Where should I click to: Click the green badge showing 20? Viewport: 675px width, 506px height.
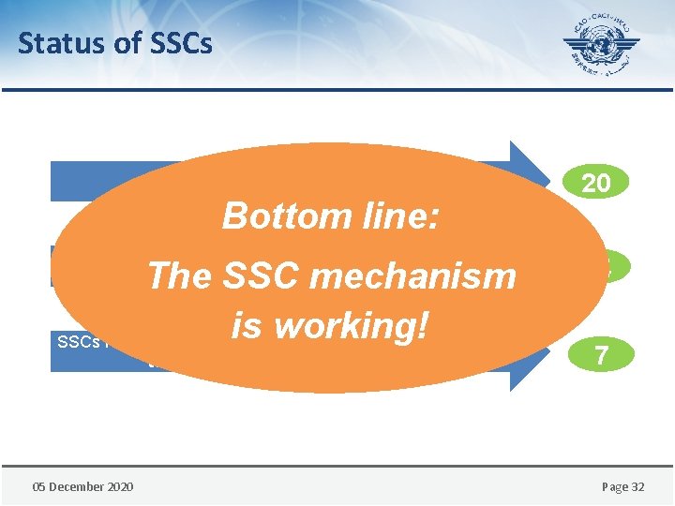click(x=596, y=183)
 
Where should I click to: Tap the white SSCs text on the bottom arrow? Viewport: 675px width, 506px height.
click(x=77, y=342)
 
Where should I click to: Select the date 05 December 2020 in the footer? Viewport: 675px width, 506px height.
click(x=82, y=485)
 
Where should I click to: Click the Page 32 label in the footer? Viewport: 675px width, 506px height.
click(x=622, y=485)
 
